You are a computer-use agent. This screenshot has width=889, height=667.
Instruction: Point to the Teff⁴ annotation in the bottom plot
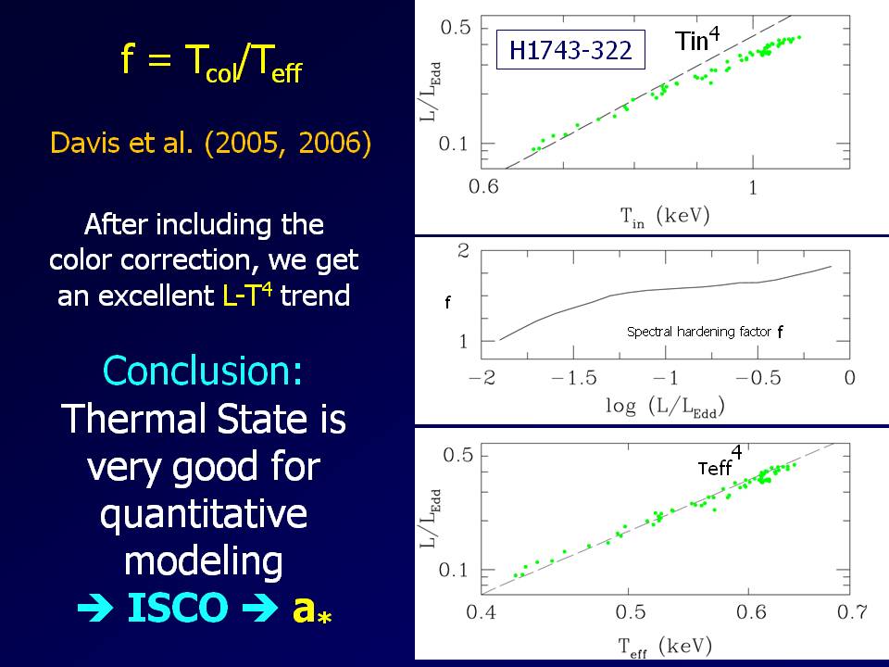click(720, 465)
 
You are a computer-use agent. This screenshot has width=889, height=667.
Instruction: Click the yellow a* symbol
click(311, 609)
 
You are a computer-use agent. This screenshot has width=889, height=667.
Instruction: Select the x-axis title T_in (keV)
click(664, 216)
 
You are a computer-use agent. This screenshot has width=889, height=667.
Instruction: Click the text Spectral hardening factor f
click(705, 332)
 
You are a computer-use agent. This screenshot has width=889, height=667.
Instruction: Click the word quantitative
click(204, 514)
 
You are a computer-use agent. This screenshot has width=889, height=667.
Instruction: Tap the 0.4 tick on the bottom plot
click(482, 612)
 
